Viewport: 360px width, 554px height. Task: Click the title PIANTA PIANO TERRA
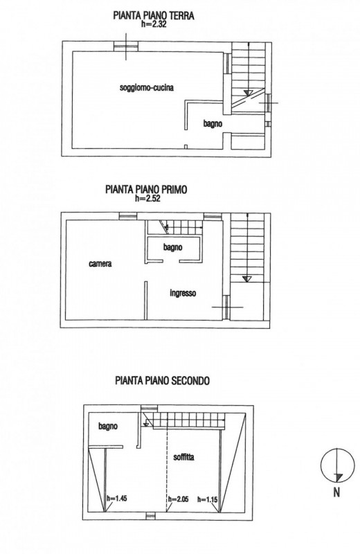pyautogui.click(x=153, y=15)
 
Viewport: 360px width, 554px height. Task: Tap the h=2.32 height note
pyautogui.click(x=153, y=24)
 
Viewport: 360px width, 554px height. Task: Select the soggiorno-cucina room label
pyautogui.click(x=147, y=87)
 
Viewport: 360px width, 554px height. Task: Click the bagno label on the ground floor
pyautogui.click(x=213, y=124)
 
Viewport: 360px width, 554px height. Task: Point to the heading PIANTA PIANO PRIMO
pyautogui.click(x=146, y=189)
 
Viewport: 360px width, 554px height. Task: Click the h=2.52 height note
pyautogui.click(x=147, y=198)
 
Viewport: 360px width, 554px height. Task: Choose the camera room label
pyautogui.click(x=100, y=264)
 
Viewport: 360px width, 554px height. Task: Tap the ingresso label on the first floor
pyautogui.click(x=183, y=293)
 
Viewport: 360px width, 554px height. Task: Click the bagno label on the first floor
pyautogui.click(x=173, y=247)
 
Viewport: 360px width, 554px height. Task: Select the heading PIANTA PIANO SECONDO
pyautogui.click(x=162, y=380)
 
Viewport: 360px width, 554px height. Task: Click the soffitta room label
pyautogui.click(x=183, y=457)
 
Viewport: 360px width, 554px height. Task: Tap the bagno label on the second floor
pyautogui.click(x=108, y=427)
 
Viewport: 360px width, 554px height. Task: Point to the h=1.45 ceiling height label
pyautogui.click(x=116, y=499)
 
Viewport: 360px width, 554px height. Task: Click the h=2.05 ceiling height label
pyautogui.click(x=178, y=499)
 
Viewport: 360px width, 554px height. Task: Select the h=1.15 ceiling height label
pyautogui.click(x=208, y=499)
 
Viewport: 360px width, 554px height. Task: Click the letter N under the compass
pyautogui.click(x=336, y=492)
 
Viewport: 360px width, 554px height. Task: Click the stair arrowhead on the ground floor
pyautogui.click(x=248, y=93)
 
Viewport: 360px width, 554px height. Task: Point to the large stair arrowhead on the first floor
pyautogui.click(x=247, y=279)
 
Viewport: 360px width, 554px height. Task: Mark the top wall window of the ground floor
pyautogui.click(x=126, y=46)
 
